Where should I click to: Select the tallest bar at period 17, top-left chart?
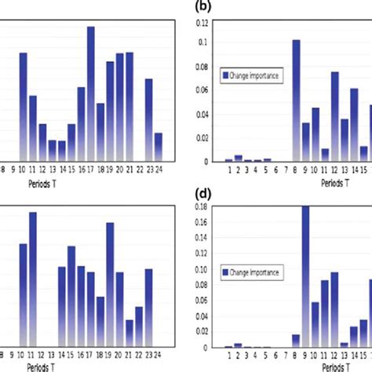tap(91, 94)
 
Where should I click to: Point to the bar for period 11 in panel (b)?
tap(325, 155)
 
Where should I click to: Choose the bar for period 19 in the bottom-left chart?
tap(110, 283)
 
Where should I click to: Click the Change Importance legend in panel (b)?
tap(251, 75)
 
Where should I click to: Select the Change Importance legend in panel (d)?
tap(251, 272)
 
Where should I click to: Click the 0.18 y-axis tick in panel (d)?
tap(202, 206)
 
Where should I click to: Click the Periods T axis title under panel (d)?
tap(338, 365)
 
